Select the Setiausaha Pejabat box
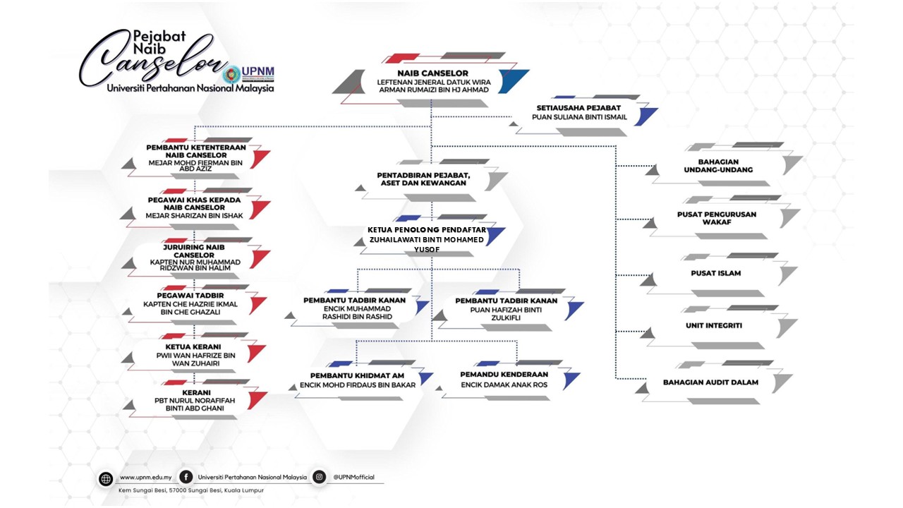pos(581,113)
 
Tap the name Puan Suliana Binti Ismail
pos(581,117)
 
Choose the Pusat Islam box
pos(715,273)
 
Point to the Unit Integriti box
pos(713,325)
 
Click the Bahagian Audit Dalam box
pos(710,382)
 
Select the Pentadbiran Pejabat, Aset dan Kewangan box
pos(423,179)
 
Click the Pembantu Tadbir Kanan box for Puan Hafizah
pos(506,308)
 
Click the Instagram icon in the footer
pos(319,477)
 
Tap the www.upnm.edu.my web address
pos(145,477)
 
